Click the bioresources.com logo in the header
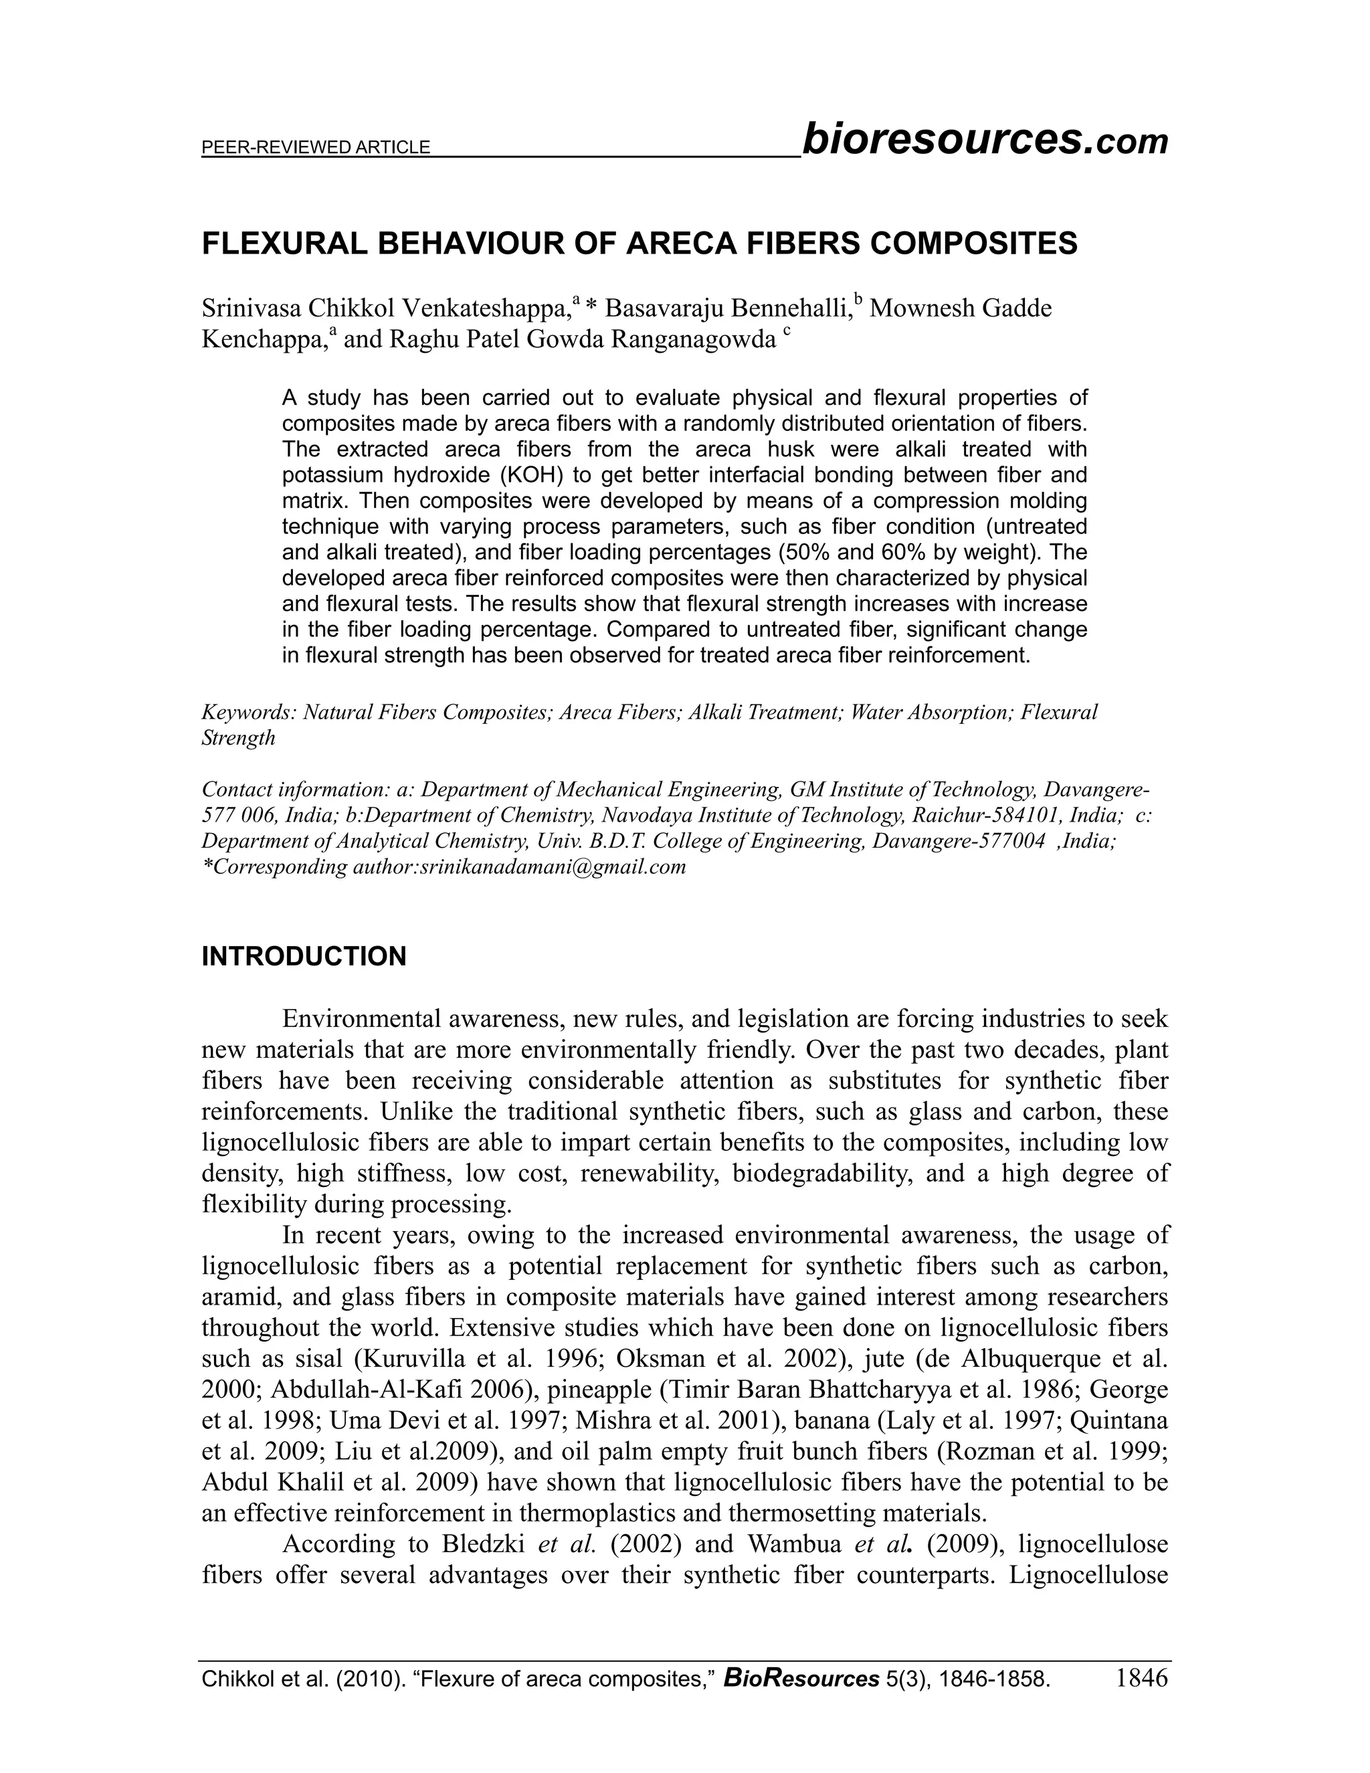(983, 140)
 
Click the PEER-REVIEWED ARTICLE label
(316, 148)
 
